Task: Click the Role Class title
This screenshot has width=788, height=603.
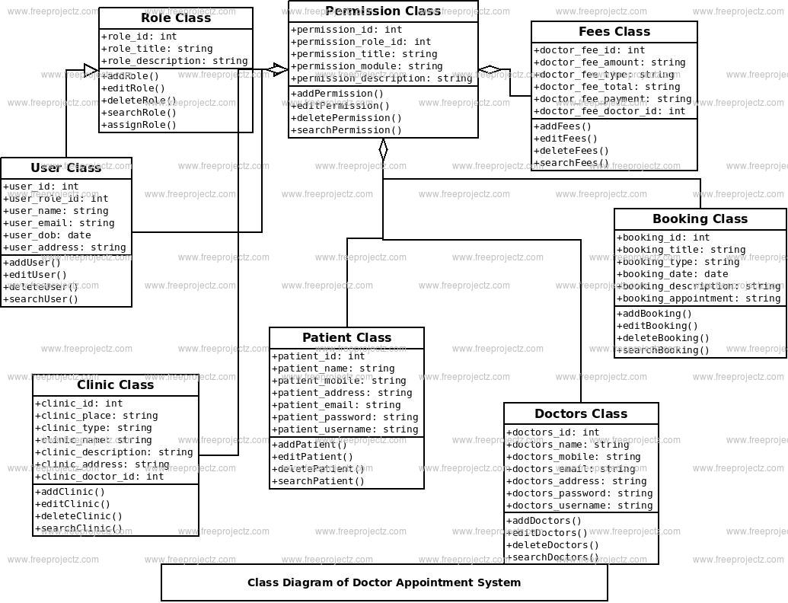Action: pos(176,18)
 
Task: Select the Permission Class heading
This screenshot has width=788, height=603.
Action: pos(383,11)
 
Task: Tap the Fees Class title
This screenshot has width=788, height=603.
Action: pos(614,32)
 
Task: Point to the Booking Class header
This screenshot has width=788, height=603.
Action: pos(700,219)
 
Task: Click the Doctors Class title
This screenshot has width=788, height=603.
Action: pos(581,414)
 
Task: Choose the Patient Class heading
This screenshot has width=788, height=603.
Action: pos(346,338)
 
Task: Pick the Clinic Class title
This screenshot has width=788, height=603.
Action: pos(116,385)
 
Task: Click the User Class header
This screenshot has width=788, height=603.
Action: pos(66,168)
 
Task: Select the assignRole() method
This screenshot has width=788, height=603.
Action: pos(139,125)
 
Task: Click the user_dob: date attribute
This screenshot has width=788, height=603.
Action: pos(47,235)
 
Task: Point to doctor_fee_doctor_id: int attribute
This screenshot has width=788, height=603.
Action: pos(610,111)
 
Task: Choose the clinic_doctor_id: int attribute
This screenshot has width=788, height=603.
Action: pos(100,477)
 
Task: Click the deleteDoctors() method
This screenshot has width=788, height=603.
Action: pos(553,545)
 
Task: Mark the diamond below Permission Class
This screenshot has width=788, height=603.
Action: pos(383,150)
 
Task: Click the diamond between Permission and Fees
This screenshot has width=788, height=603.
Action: pos(490,70)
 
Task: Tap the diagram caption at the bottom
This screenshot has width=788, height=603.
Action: pos(384,582)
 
